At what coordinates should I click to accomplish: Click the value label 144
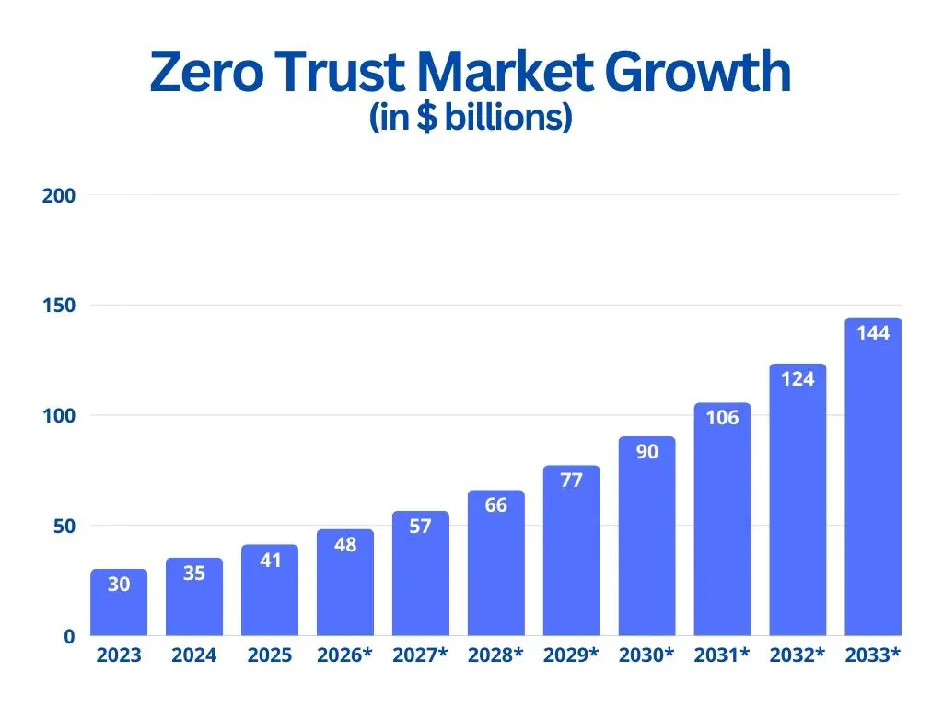click(873, 333)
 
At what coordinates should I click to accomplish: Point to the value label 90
click(647, 452)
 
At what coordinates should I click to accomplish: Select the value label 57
click(421, 527)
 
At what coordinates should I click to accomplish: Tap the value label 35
click(194, 574)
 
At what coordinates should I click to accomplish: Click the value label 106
click(722, 418)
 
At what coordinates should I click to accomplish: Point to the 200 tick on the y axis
click(58, 195)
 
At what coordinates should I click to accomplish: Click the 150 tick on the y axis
click(58, 306)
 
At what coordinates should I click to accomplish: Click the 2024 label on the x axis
click(194, 656)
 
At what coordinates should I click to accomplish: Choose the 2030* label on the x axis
click(647, 656)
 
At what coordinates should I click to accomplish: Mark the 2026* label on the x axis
click(345, 656)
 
